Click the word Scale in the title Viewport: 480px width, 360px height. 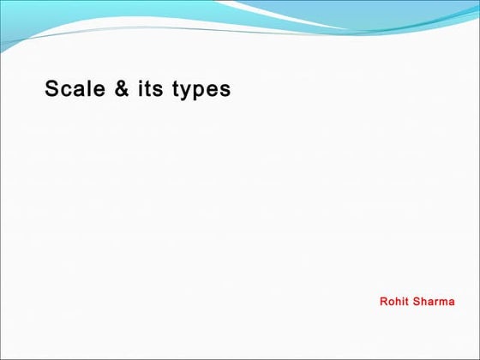(75, 89)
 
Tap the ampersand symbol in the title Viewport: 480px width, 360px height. (122, 89)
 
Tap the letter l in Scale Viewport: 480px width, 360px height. (90, 89)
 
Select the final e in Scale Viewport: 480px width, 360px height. (99, 90)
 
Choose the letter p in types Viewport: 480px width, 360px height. (201, 92)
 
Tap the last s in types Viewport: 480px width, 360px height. (225, 90)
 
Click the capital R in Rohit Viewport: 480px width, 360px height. (383, 302)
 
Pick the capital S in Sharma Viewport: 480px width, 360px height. (417, 302)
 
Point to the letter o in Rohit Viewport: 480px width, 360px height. (391, 303)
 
